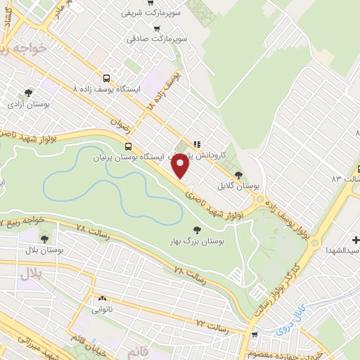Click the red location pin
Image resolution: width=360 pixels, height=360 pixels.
[181, 166]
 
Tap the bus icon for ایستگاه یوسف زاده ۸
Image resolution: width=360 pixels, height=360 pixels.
[106, 79]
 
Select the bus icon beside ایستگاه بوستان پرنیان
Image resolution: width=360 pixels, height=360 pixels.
[127, 146]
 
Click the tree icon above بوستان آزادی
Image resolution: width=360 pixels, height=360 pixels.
[28, 92]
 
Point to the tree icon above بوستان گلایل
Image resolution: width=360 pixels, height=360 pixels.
[238, 174]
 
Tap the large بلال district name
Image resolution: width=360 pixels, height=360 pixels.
[31, 271]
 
